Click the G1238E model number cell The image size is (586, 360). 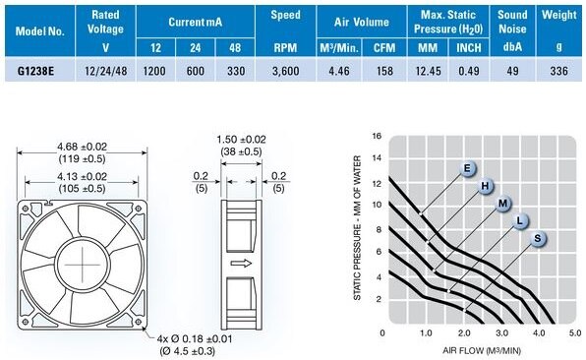(35, 71)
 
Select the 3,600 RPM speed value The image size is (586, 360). (285, 71)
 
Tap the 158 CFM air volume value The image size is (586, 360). (384, 71)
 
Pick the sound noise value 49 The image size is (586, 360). (512, 71)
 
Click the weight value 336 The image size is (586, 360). (559, 71)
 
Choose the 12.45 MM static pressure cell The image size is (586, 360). (429, 71)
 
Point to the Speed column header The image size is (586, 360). (285, 15)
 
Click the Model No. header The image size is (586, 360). (40, 31)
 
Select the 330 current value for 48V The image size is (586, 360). (236, 71)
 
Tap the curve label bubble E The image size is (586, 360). (467, 168)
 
